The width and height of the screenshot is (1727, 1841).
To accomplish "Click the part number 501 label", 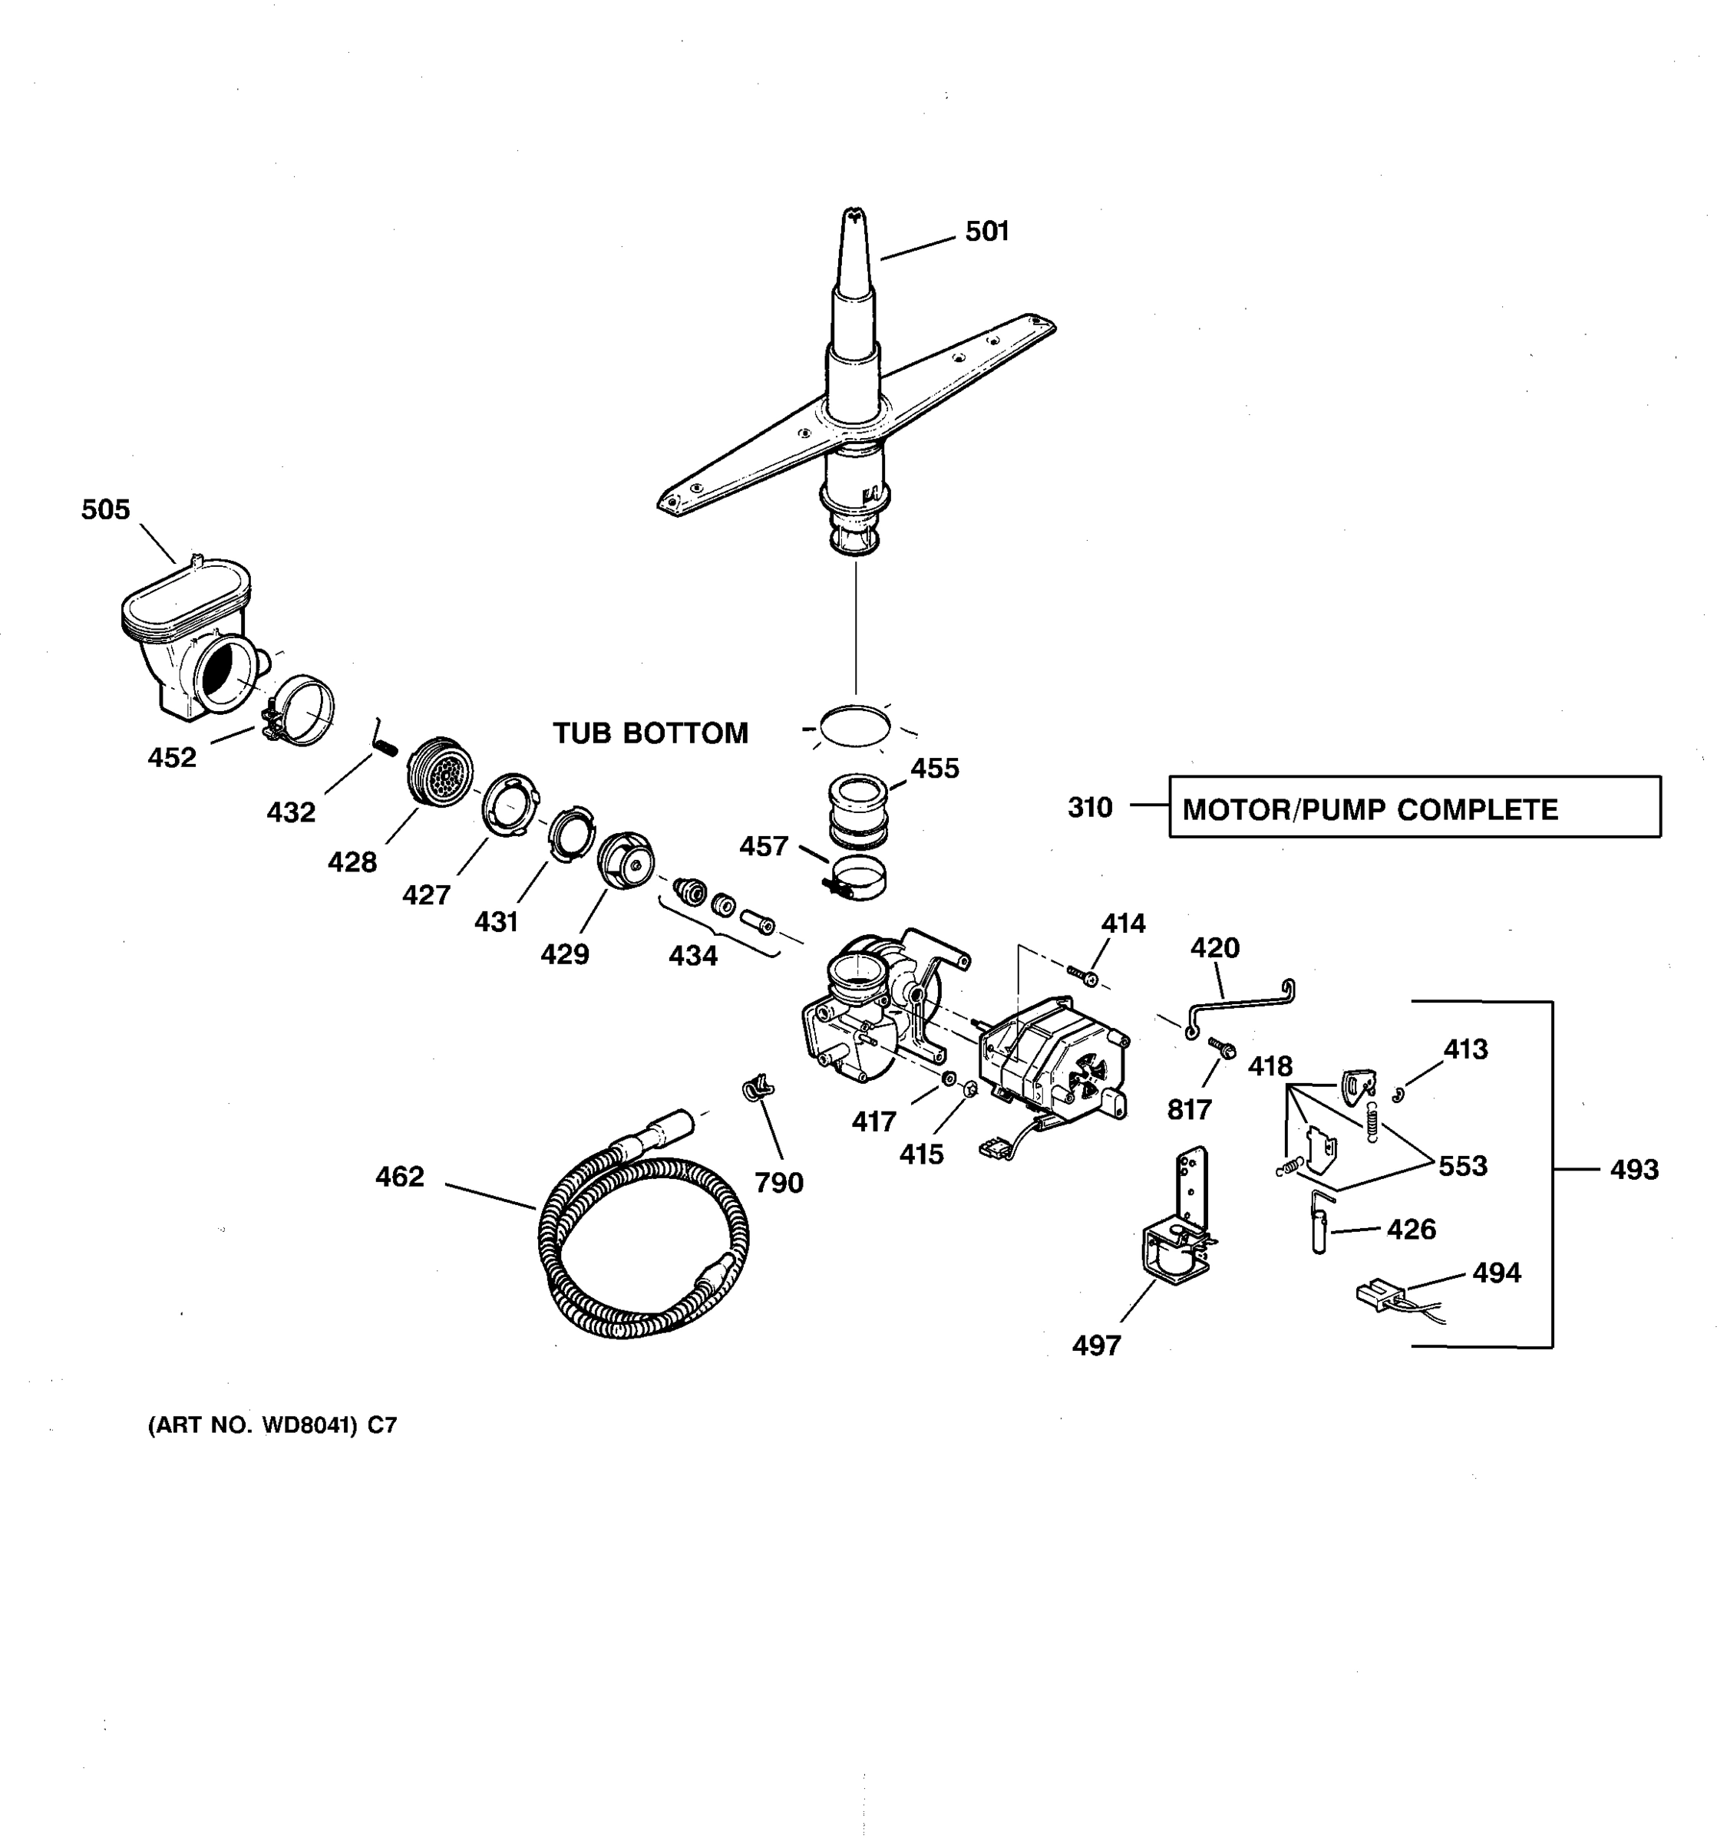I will click(987, 232).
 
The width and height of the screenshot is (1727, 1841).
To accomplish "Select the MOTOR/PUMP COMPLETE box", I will click(1414, 807).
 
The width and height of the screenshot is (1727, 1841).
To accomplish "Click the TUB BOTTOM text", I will click(650, 733).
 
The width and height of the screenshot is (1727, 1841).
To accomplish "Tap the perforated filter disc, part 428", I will click(442, 772).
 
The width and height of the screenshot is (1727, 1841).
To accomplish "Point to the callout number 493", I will click(1633, 1170).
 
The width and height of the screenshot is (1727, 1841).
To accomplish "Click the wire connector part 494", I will click(1379, 1295).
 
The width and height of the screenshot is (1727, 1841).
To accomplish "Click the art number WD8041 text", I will click(272, 1425).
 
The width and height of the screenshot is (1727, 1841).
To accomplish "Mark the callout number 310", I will click(1090, 808).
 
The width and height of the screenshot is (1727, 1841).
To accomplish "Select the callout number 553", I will click(1462, 1166).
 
